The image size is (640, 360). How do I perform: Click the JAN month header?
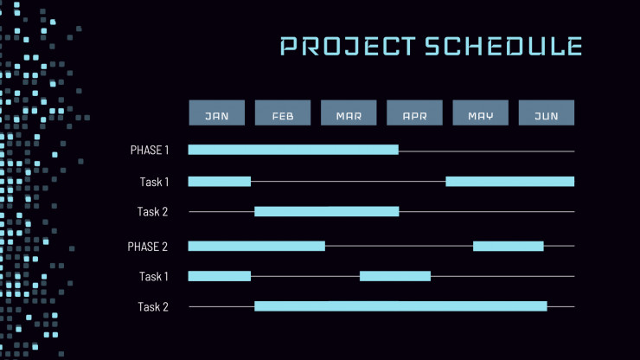point(217,112)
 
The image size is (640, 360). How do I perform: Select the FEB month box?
point(283,112)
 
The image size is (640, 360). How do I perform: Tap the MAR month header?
point(349,112)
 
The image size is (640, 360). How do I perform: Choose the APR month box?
point(414,112)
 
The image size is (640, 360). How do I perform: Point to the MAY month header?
point(480,112)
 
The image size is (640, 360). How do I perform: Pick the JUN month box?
point(547,112)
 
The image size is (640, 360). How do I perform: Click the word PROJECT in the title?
point(348,46)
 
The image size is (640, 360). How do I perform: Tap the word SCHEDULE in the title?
point(503,46)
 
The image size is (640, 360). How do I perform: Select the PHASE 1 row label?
point(150,151)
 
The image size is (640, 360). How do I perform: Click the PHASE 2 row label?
point(147,247)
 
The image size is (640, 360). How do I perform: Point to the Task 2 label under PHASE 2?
point(153,307)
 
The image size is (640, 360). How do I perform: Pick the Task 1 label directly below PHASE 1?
point(154,182)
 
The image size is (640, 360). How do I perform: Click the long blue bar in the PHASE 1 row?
point(293,150)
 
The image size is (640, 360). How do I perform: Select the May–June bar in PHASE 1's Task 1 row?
point(509,182)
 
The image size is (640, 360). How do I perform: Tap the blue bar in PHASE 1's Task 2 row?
point(327,211)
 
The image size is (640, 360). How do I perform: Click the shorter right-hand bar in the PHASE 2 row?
point(509,246)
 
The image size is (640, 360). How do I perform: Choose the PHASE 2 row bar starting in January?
point(256,246)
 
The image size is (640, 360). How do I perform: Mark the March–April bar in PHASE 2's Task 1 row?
point(395,276)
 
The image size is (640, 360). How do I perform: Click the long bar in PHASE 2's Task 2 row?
point(400,306)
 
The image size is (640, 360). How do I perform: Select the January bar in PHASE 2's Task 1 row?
point(219,276)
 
